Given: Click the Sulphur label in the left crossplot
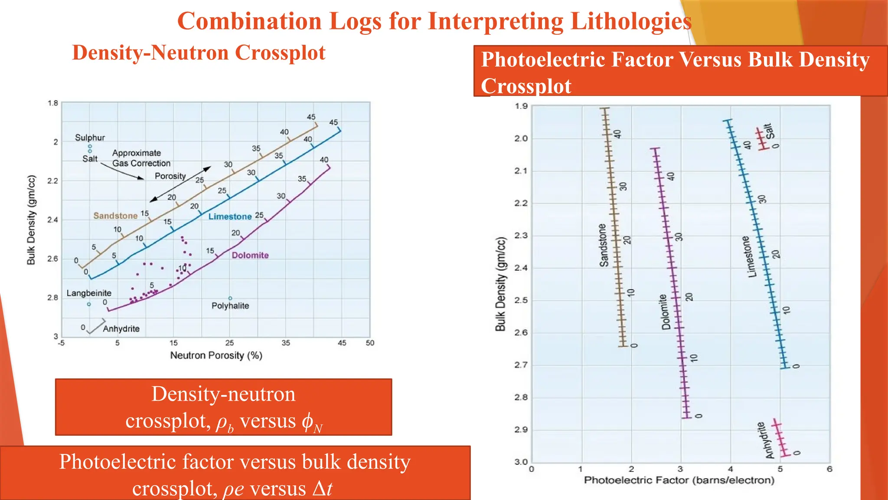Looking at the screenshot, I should (90, 138).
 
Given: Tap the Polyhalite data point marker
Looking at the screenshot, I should (230, 298).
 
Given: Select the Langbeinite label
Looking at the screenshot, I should (89, 293).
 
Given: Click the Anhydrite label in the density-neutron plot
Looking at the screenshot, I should (121, 329).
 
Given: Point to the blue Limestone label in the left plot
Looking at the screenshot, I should (230, 217).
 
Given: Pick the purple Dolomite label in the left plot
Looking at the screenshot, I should (250, 255).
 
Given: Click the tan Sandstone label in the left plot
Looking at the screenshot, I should (115, 216).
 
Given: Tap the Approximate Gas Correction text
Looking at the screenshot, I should (141, 158).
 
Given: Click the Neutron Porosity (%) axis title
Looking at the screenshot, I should (216, 355).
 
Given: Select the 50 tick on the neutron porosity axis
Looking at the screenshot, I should (370, 343).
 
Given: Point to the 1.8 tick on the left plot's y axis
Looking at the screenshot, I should (52, 103).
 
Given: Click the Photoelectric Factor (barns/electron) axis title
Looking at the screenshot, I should (679, 480).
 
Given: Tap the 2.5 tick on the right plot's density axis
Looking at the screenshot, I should (521, 300).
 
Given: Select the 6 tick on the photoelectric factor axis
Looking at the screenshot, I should (829, 469).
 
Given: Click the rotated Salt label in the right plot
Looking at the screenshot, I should (769, 131).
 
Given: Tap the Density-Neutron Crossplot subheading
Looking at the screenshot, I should (199, 53).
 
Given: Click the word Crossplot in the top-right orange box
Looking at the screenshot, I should (526, 86).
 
